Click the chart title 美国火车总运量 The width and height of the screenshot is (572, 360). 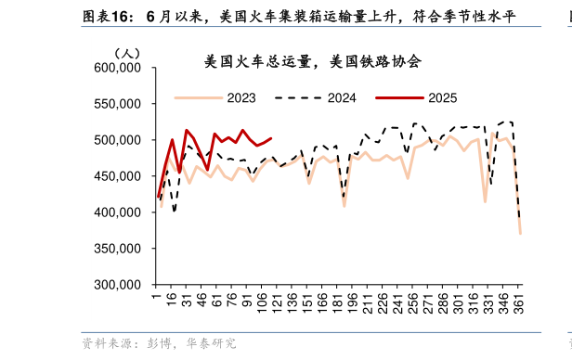coord(313,62)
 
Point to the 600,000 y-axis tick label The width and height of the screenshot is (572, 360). coord(117,68)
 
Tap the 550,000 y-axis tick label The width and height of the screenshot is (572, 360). coord(117,104)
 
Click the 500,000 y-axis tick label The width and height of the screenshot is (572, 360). coord(117,140)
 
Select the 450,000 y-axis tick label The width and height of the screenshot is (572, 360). coord(117,176)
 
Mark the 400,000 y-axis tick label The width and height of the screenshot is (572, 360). coord(117,212)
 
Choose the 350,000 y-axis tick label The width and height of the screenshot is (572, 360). coord(117,249)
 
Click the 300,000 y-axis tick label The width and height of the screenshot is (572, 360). coord(117,285)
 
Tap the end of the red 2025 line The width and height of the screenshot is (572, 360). coord(271,138)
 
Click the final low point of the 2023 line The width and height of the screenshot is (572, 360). coord(520,234)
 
